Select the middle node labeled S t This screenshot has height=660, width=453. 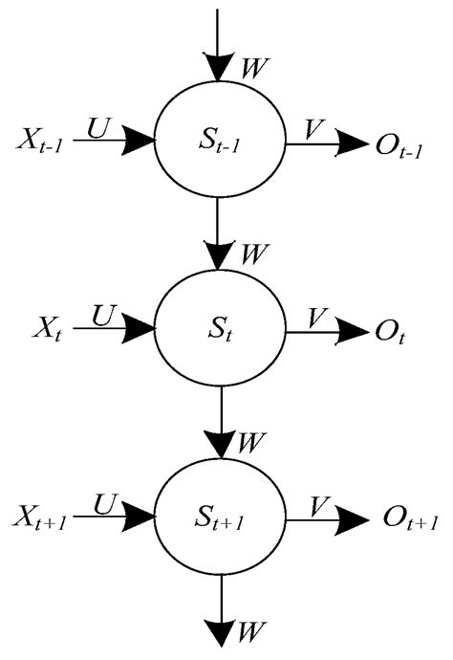[219, 332]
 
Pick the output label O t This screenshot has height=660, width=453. [389, 333]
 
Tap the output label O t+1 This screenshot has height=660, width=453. [409, 519]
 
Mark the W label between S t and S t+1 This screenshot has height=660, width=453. [253, 443]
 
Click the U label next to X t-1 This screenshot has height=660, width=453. [97, 127]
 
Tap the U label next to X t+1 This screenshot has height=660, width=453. [97, 499]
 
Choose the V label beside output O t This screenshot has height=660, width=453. [316, 313]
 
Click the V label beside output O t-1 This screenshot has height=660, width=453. [316, 127]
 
